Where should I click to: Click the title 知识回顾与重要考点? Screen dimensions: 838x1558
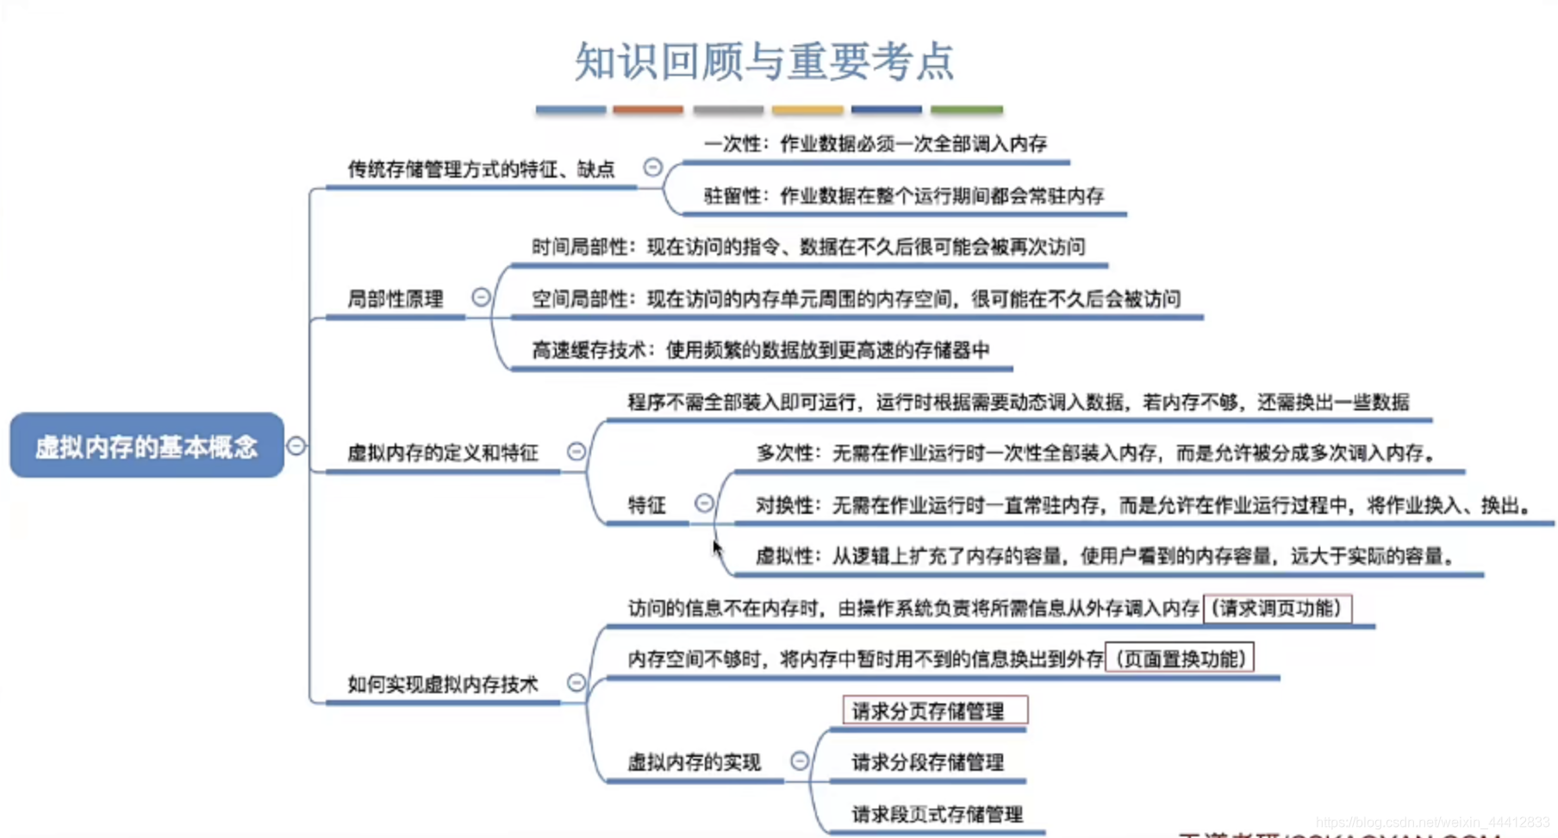point(764,62)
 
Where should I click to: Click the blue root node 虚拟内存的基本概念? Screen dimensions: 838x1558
point(146,446)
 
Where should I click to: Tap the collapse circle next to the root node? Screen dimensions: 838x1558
point(296,446)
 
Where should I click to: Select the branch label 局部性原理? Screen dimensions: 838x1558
point(395,299)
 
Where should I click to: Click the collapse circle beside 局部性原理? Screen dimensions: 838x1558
point(481,297)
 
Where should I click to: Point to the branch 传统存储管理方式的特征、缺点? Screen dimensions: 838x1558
point(481,169)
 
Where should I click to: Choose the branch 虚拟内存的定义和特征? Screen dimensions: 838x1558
point(442,453)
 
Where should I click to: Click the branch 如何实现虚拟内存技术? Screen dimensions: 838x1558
point(442,685)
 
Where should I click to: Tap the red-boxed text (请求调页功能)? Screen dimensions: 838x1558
point(1277,609)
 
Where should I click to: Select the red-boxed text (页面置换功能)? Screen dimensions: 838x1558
point(1180,660)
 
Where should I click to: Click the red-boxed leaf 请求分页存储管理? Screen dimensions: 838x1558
point(934,711)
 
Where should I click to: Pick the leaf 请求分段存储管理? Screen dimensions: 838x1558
point(927,762)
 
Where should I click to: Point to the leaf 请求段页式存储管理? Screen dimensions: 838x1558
point(937,814)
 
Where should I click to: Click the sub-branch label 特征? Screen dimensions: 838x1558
point(647,505)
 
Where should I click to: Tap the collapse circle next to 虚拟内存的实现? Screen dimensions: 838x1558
point(800,760)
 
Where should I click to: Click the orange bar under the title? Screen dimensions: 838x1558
point(648,110)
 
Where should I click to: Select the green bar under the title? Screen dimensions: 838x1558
point(967,110)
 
